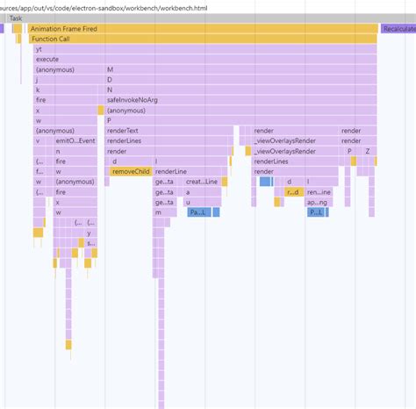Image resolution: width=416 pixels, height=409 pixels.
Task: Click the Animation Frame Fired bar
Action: click(x=202, y=29)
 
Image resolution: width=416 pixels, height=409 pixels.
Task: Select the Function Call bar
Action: click(x=202, y=39)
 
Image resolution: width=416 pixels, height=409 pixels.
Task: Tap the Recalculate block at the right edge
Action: click(x=398, y=29)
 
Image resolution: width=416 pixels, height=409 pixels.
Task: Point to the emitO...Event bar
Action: click(x=75, y=140)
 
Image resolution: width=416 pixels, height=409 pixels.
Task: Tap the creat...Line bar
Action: click(x=201, y=182)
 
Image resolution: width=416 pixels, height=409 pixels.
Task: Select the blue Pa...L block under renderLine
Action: click(x=197, y=212)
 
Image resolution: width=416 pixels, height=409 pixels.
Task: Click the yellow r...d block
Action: click(x=294, y=192)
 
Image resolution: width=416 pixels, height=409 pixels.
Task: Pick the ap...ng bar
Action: click(x=319, y=202)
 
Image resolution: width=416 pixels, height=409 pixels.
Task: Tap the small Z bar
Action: click(x=367, y=151)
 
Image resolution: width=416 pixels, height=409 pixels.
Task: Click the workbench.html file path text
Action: click(x=105, y=7)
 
